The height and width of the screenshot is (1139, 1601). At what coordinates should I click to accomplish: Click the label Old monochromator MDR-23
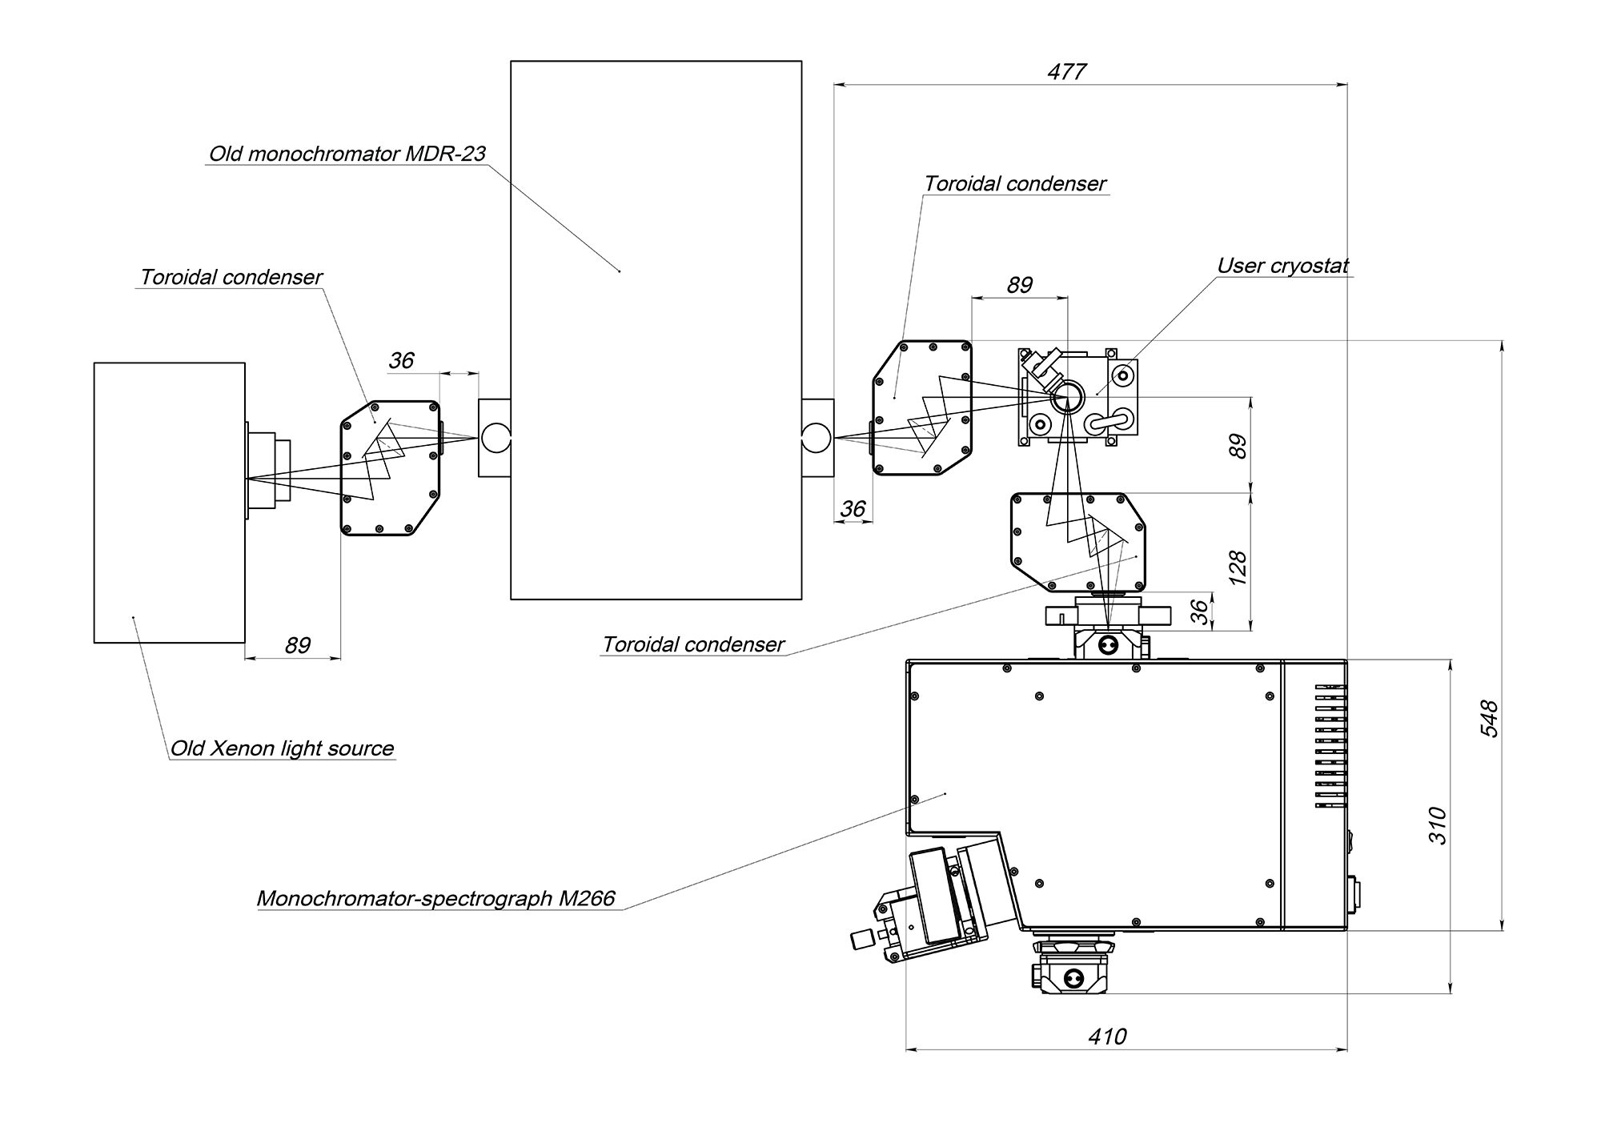347,154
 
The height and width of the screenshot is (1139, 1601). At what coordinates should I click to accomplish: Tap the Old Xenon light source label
283,748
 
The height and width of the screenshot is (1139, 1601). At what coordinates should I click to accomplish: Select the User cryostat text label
1283,266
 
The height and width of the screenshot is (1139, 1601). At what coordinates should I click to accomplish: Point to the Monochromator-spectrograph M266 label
436,898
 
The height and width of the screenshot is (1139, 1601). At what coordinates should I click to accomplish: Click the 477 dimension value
1067,72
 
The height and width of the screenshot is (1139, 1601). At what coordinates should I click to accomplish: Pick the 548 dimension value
1489,718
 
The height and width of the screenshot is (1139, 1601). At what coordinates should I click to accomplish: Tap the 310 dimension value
1438,826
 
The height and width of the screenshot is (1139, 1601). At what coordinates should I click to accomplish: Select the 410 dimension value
1107,1037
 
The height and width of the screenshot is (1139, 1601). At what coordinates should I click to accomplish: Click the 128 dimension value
1238,567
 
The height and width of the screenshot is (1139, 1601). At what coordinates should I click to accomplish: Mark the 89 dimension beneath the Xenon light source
297,645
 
